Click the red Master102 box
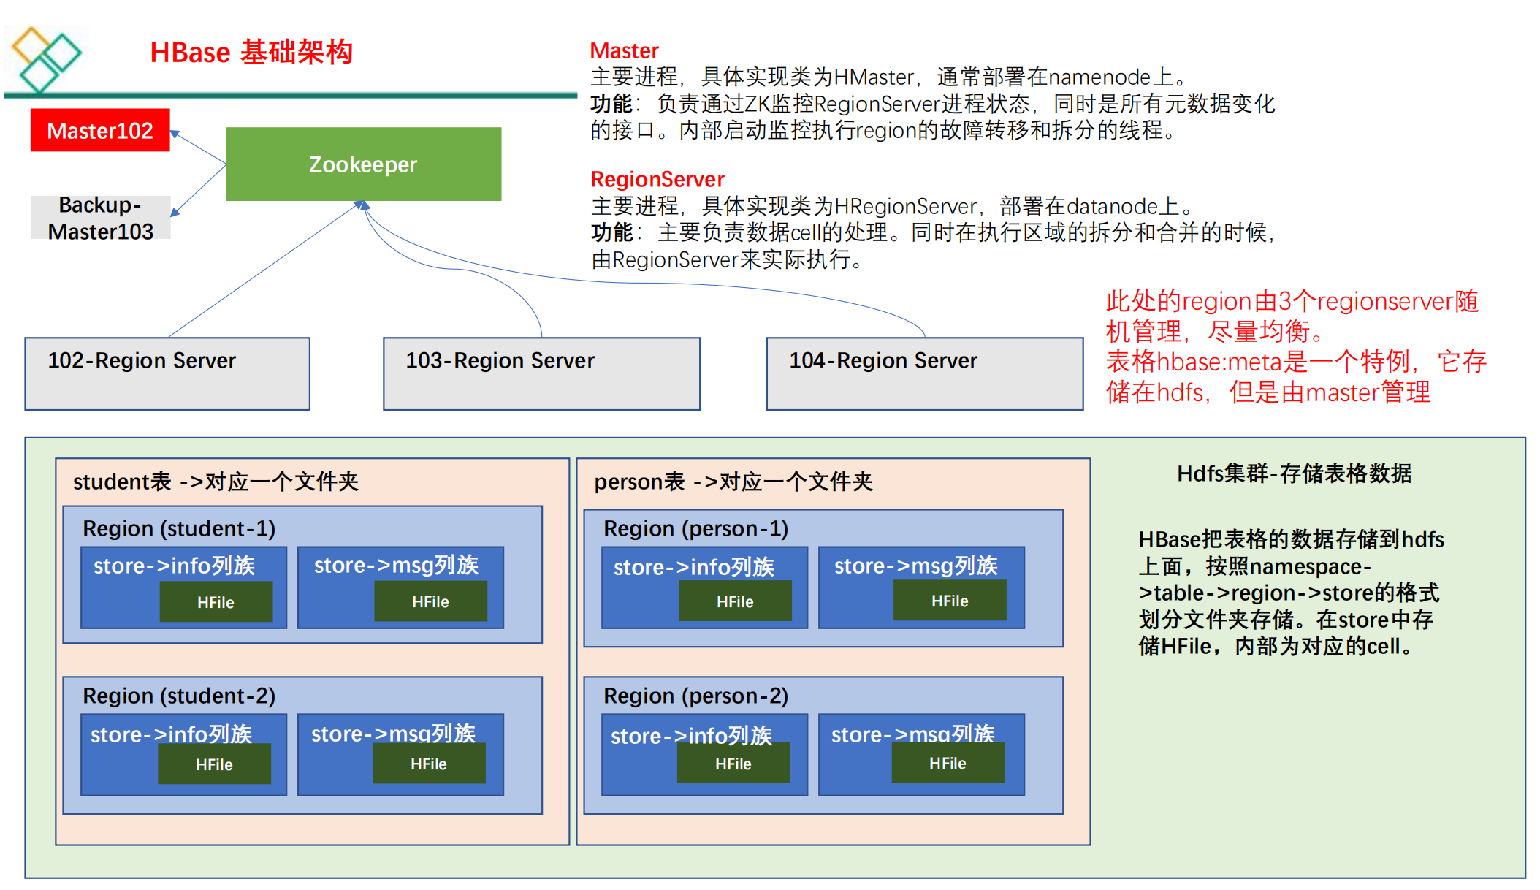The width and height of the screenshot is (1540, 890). [100, 130]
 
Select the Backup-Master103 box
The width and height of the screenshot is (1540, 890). [101, 218]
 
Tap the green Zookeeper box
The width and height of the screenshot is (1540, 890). [363, 164]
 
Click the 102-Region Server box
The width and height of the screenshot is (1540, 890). [167, 373]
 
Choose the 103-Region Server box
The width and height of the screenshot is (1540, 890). [541, 373]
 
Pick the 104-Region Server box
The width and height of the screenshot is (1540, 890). [924, 373]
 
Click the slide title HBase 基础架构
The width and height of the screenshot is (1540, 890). [251, 53]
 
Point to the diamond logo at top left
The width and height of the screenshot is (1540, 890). [45, 58]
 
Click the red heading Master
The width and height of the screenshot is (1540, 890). [624, 50]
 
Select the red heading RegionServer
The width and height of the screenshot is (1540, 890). [657, 179]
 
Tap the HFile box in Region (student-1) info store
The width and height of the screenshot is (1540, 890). [216, 602]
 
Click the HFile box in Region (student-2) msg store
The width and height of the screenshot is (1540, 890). [429, 764]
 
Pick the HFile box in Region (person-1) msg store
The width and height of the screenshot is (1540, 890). [950, 601]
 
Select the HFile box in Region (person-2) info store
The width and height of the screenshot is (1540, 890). [733, 764]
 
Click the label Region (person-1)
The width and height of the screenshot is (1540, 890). [695, 528]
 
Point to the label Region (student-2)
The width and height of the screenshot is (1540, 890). [179, 696]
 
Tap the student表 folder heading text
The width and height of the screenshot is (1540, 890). [216, 482]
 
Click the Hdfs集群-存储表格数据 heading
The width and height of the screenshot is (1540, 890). [1294, 473]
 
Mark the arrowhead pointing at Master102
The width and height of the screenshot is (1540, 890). [175, 134]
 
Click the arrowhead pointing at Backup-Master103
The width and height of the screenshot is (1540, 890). [175, 212]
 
